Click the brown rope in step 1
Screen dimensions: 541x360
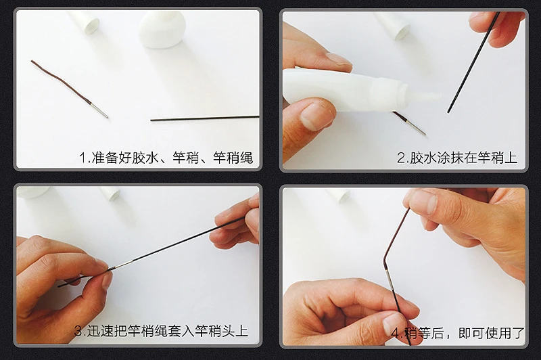click(x=62, y=81)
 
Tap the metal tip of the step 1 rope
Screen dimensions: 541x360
click(x=99, y=110)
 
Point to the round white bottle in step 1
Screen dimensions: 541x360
click(x=162, y=28)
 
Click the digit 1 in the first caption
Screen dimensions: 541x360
click(x=83, y=158)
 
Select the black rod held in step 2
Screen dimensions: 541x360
click(x=473, y=62)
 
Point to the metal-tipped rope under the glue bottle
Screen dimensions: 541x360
click(x=409, y=123)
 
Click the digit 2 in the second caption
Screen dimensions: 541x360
click(x=401, y=158)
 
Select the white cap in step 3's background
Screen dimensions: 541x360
click(x=110, y=194)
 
